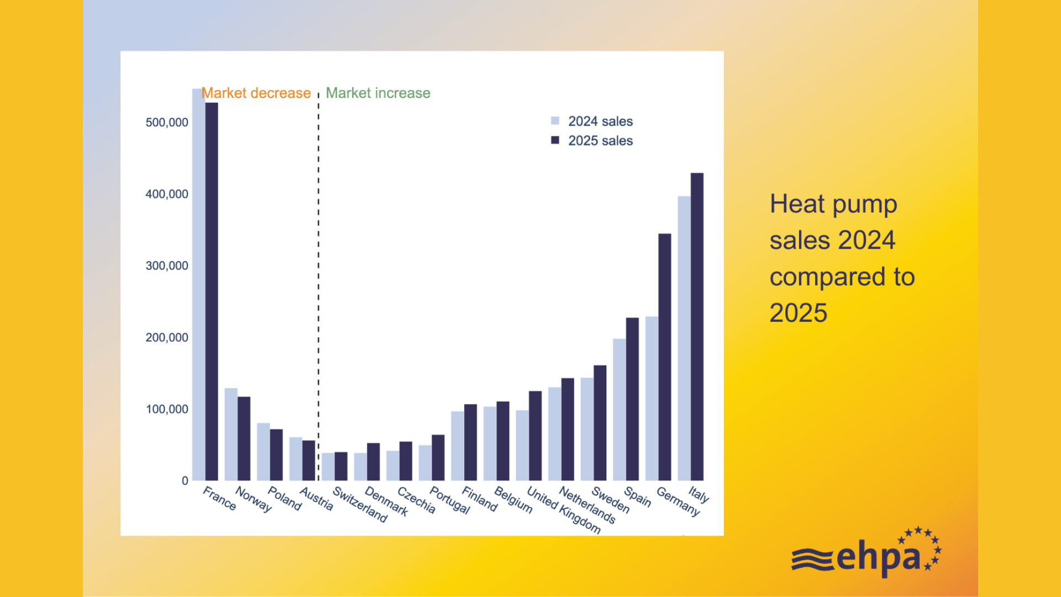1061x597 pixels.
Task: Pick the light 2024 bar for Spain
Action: [x=619, y=410]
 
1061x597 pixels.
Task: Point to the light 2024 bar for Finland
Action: [x=458, y=446]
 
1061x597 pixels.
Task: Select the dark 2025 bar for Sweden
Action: [x=600, y=423]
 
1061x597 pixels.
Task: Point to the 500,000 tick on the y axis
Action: [x=167, y=122]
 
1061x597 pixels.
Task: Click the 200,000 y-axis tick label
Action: [x=167, y=337]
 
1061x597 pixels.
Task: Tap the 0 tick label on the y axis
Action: [x=185, y=481]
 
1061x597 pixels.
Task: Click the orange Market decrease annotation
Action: [x=256, y=93]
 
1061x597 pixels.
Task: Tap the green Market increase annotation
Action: [x=378, y=93]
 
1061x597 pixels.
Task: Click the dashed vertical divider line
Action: [x=319, y=276]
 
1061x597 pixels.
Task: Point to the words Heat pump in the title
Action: [x=833, y=204]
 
